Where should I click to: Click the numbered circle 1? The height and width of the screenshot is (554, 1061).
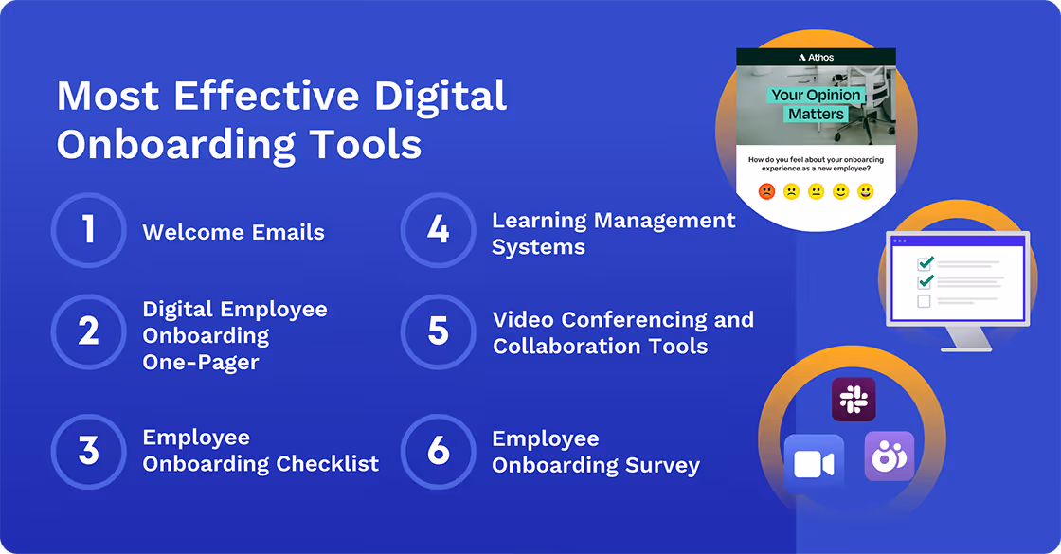[x=88, y=230]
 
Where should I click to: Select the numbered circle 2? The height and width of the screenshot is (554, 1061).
[x=88, y=331]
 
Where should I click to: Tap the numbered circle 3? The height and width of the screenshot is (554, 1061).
[x=88, y=451]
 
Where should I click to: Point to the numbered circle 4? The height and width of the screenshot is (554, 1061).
[x=438, y=230]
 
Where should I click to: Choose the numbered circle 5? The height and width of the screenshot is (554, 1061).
[x=438, y=331]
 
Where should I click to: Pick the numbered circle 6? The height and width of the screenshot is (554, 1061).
[x=438, y=451]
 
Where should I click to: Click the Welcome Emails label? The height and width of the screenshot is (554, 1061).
[x=233, y=232]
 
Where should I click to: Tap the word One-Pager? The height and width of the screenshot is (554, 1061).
[x=201, y=362]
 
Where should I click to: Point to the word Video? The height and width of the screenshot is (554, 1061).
[x=524, y=319]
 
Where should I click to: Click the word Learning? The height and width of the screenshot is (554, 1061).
[x=538, y=221]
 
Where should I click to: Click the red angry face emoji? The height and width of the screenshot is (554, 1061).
[x=766, y=192]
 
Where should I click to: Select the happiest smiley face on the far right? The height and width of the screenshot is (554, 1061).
[x=865, y=192]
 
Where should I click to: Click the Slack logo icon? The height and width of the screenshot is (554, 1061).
[x=854, y=399]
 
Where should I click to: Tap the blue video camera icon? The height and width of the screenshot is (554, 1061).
[x=814, y=464]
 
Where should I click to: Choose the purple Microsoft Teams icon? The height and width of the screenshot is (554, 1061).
[x=890, y=456]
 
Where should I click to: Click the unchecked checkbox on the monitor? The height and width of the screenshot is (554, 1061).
[x=925, y=301]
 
